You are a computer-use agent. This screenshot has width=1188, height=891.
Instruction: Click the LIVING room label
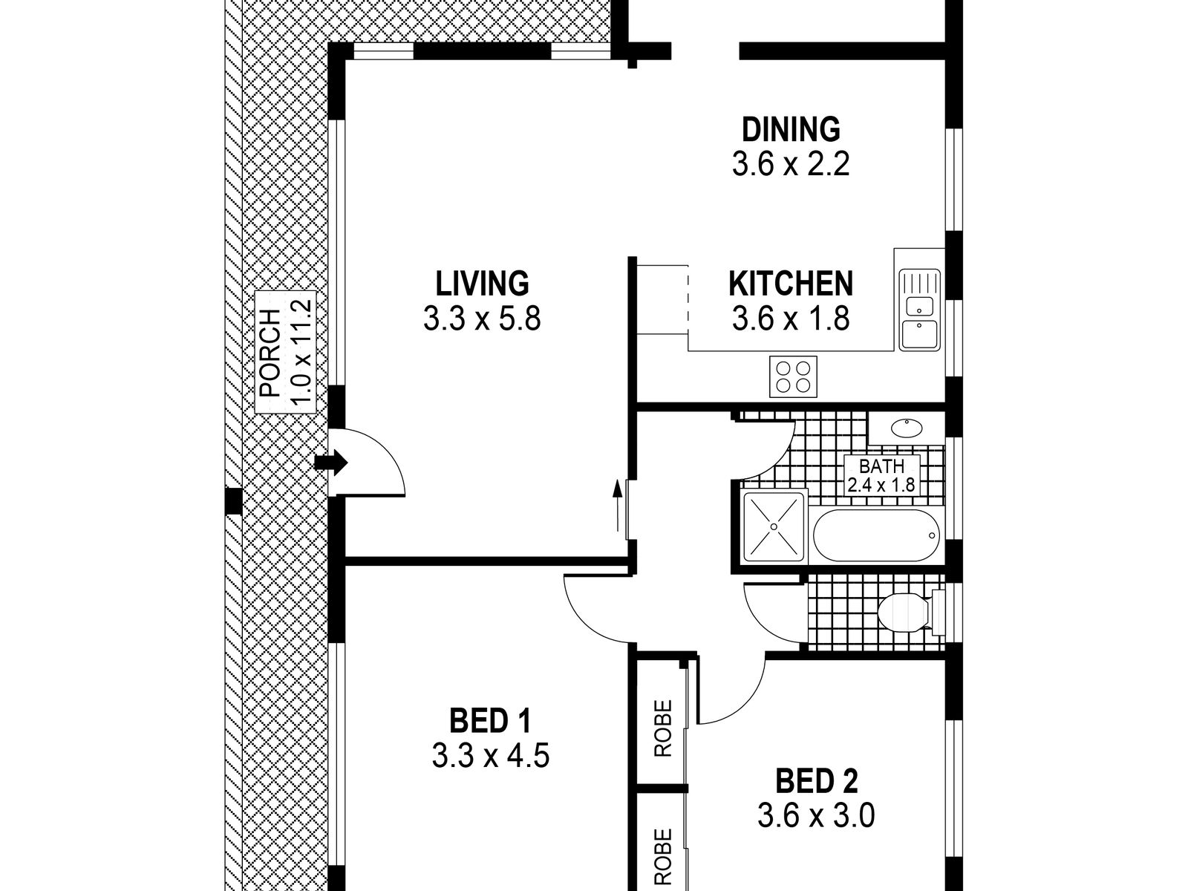(482, 284)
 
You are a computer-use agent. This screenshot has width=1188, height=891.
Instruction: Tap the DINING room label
(791, 129)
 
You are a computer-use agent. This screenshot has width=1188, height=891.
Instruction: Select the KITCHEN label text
(791, 284)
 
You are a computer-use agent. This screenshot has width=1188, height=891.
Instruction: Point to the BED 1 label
(490, 721)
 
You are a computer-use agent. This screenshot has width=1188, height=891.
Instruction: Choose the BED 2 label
(816, 781)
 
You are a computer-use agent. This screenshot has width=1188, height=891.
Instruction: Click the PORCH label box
(285, 352)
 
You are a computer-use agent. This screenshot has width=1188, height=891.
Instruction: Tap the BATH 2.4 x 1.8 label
(881, 475)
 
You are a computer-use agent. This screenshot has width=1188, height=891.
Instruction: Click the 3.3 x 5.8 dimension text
(482, 319)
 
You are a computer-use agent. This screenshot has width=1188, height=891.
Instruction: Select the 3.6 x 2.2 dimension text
(791, 164)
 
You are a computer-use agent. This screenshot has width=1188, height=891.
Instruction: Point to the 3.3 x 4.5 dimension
(490, 756)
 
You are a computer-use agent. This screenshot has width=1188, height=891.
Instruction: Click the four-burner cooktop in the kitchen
(793, 377)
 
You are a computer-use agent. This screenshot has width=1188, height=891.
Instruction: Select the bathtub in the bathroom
(875, 535)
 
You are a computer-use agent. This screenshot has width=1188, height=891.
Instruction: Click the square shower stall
(774, 526)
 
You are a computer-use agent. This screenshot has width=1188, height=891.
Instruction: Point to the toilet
(912, 613)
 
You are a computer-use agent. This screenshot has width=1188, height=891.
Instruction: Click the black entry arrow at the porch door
(330, 463)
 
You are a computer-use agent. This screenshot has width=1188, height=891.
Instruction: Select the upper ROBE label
(664, 728)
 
